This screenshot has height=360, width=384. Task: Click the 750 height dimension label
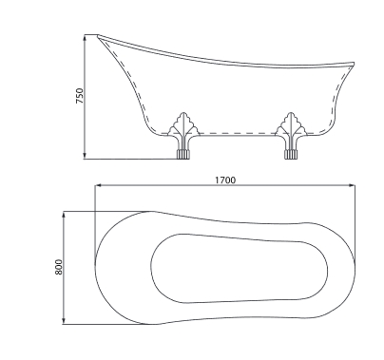[80, 96]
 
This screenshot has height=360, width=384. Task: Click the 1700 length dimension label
[225, 180]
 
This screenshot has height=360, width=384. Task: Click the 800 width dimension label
[59, 267]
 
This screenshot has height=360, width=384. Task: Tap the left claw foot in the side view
[183, 136]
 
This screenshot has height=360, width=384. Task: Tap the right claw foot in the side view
[291, 136]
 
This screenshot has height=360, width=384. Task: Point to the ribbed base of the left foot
[182, 154]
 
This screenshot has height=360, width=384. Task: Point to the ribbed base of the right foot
[291, 154]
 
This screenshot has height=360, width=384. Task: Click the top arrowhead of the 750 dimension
[85, 38]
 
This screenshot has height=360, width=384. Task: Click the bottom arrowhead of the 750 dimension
[85, 155]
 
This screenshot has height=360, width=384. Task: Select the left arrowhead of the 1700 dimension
[99, 185]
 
